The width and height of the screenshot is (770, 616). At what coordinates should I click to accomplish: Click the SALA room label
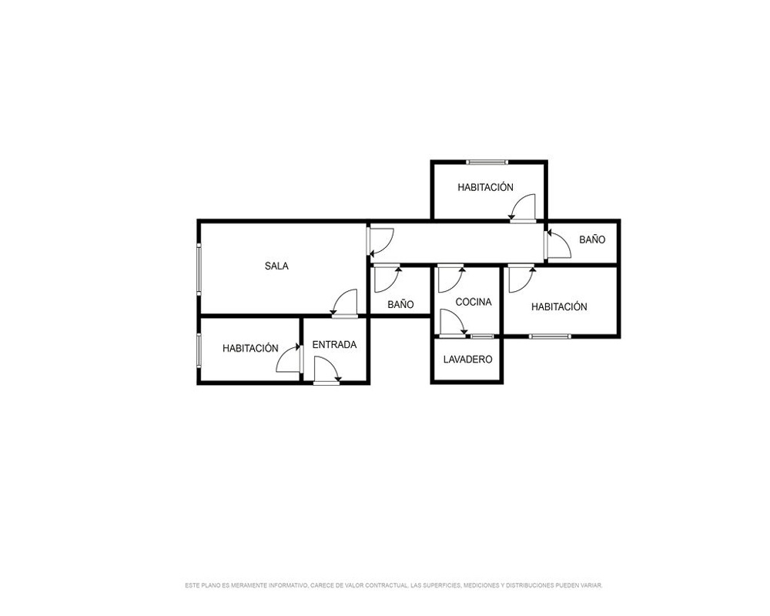click(276, 266)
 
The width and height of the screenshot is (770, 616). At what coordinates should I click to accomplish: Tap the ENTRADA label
click(334, 345)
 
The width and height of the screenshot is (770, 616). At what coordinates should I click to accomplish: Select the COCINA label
click(474, 302)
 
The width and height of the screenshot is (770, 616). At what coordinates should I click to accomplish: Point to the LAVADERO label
click(467, 360)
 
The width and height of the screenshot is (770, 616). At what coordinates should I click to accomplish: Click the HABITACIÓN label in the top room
click(485, 187)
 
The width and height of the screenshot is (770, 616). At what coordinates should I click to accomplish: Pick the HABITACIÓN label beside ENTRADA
click(250, 348)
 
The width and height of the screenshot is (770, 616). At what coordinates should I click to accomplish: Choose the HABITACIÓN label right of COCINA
click(559, 307)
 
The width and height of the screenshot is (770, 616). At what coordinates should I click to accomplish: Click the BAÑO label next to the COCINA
click(400, 305)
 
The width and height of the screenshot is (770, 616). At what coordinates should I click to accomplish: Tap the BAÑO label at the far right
click(592, 239)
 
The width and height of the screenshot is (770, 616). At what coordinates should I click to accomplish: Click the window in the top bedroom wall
click(487, 162)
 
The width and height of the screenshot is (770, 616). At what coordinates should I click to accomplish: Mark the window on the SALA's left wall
click(199, 269)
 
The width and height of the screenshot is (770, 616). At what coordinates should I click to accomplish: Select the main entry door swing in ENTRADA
click(327, 370)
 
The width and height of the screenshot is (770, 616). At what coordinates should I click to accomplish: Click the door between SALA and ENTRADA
click(344, 303)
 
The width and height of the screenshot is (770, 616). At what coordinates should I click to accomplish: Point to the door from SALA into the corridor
click(381, 243)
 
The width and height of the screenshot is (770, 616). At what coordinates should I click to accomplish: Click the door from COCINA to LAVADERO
click(453, 323)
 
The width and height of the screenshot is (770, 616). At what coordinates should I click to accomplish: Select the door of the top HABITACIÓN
click(523, 208)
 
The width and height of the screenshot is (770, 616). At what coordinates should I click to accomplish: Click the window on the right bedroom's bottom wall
click(550, 336)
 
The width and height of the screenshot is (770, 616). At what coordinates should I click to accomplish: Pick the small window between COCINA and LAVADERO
click(482, 336)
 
